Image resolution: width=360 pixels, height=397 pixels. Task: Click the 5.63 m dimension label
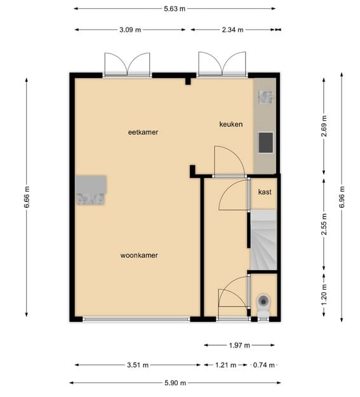point(175,9)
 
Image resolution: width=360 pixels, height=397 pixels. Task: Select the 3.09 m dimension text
point(130,29)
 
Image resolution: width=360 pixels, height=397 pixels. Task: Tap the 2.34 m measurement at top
point(233,29)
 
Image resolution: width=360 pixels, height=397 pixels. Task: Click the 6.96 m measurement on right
point(342,198)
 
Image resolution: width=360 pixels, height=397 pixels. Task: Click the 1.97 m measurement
point(239,345)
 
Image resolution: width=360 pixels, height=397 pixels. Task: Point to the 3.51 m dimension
point(137,365)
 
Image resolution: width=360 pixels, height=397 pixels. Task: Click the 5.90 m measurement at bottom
point(175,382)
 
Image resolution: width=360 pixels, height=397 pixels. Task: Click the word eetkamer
point(143,132)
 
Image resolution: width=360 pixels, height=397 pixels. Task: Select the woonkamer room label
point(139,255)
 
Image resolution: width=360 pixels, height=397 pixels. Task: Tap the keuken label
point(231,124)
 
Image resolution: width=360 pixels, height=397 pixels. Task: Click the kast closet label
point(264,192)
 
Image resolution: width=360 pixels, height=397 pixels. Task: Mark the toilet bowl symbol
point(263,304)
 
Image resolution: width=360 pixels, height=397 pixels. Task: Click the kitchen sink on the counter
point(265,97)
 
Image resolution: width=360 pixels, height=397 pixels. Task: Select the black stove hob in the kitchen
point(265,142)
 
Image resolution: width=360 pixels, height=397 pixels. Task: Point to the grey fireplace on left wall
point(91,191)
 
